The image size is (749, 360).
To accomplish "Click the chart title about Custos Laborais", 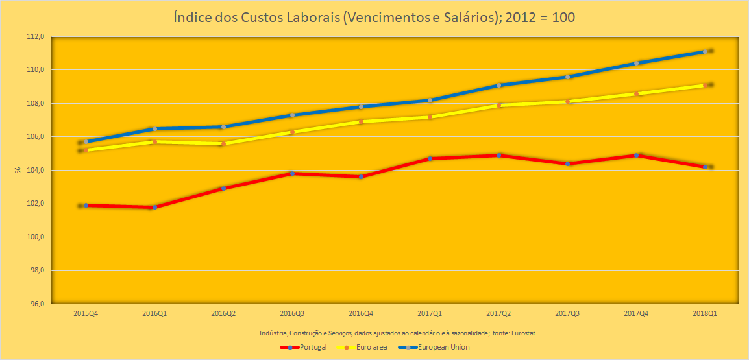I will (374, 18).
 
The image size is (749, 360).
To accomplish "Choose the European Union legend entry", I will (443, 347).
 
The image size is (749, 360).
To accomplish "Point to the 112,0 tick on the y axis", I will (34, 36).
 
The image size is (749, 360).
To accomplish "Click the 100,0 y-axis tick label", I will (34, 237).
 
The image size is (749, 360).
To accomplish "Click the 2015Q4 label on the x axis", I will (86, 313).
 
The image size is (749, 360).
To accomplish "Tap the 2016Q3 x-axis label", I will (292, 313).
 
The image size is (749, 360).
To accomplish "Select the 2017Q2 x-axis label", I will (498, 313).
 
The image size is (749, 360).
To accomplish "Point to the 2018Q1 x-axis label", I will (705, 313).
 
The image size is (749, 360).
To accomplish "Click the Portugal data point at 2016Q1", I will (154, 207).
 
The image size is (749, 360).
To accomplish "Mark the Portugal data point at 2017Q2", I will (498, 155).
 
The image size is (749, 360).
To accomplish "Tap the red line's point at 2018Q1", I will (705, 167).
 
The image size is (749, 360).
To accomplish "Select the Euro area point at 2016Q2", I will (223, 143).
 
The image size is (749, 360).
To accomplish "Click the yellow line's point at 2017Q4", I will (636, 93).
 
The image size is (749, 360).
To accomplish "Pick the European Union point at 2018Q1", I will (705, 51).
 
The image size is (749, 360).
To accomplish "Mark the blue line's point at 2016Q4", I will (361, 106).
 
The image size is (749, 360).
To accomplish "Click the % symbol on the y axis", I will (18, 170).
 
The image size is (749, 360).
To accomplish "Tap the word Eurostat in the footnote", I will (522, 333).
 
